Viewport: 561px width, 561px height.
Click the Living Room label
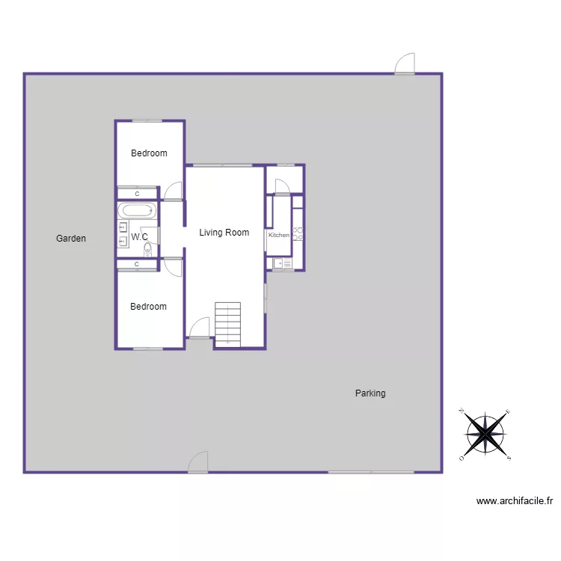point(224,233)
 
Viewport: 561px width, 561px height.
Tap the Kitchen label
point(279,236)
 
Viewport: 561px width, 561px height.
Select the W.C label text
point(140,237)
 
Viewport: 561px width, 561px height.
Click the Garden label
point(71,239)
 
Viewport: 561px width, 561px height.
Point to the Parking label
point(370,393)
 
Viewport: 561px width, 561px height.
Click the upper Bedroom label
point(149,153)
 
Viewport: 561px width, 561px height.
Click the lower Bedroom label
point(148,307)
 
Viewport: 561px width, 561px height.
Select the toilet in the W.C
point(148,250)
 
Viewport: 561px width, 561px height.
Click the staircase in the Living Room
point(228,324)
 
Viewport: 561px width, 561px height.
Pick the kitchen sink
point(283,263)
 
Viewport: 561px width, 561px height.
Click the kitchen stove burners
point(297,233)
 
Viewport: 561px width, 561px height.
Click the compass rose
point(486,433)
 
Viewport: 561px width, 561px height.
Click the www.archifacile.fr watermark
point(514,502)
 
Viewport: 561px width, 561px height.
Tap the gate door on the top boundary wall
point(405,64)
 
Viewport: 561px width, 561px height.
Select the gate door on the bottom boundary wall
point(198,462)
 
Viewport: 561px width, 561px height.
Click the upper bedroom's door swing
point(174,191)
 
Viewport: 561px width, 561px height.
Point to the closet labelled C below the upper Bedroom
point(137,194)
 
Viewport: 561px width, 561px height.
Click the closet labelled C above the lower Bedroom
point(137,264)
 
